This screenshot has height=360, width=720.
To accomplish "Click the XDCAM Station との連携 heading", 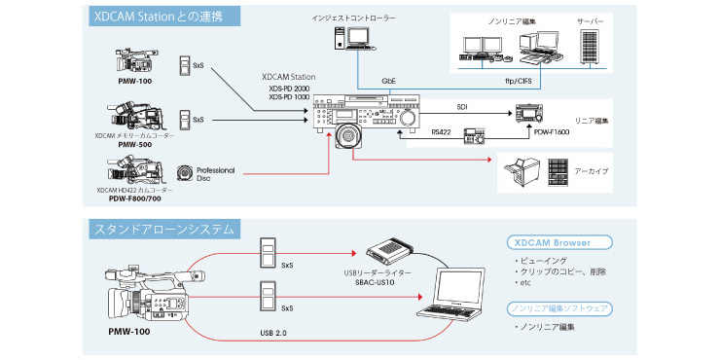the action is click(x=159, y=17).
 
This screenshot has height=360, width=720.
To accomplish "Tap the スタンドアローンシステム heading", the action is click(x=163, y=229).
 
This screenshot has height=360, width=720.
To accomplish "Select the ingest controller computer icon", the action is click(x=352, y=38).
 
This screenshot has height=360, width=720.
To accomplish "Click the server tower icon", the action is click(x=590, y=47).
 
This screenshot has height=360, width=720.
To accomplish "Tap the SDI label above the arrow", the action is click(x=461, y=106).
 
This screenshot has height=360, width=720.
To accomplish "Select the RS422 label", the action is click(x=442, y=131).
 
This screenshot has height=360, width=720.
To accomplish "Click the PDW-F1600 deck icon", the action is click(x=527, y=115).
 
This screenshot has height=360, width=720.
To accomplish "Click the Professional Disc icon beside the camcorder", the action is click(x=185, y=172).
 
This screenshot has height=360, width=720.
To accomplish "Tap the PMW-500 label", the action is click(x=135, y=145).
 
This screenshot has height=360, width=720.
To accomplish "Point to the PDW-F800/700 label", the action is click(x=135, y=198).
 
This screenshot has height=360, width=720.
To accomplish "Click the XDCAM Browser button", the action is click(x=558, y=242).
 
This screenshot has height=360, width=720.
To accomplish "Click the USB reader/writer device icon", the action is click(x=390, y=251).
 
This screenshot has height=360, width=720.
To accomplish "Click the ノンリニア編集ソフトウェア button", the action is click(x=558, y=308).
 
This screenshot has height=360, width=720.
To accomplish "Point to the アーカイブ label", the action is click(x=591, y=171).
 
